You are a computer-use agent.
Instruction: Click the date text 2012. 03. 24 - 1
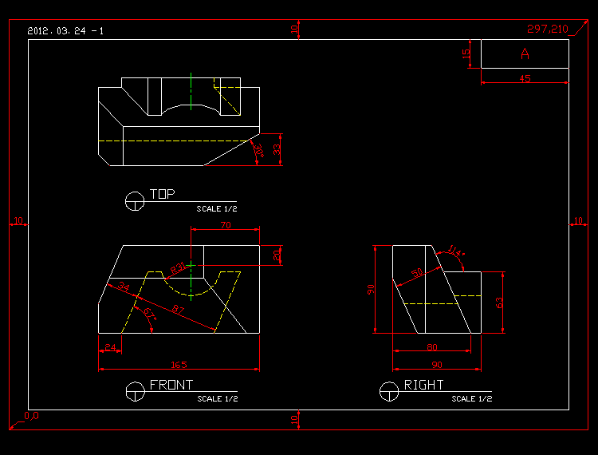(65, 31)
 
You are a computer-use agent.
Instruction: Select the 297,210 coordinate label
(547, 30)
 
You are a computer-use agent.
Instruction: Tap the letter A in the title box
(525, 54)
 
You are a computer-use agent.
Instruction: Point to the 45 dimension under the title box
(525, 79)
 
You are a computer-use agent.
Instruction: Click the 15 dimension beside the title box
(467, 54)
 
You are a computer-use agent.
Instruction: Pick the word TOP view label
(162, 194)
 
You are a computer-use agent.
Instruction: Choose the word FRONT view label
(171, 385)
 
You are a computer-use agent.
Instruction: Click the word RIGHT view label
(424, 385)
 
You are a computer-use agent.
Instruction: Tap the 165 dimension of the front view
(179, 365)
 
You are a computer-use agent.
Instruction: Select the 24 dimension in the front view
(110, 347)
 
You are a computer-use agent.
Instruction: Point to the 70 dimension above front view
(225, 226)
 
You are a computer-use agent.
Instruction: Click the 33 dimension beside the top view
(277, 149)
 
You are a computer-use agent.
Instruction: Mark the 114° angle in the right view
(455, 251)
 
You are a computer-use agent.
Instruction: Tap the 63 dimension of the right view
(500, 302)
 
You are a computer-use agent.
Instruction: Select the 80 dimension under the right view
(431, 347)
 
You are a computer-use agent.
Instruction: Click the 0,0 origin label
(31, 416)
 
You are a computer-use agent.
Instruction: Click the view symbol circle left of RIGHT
(389, 391)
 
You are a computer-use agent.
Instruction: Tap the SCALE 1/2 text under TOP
(217, 208)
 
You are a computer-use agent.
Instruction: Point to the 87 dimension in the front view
(178, 309)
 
